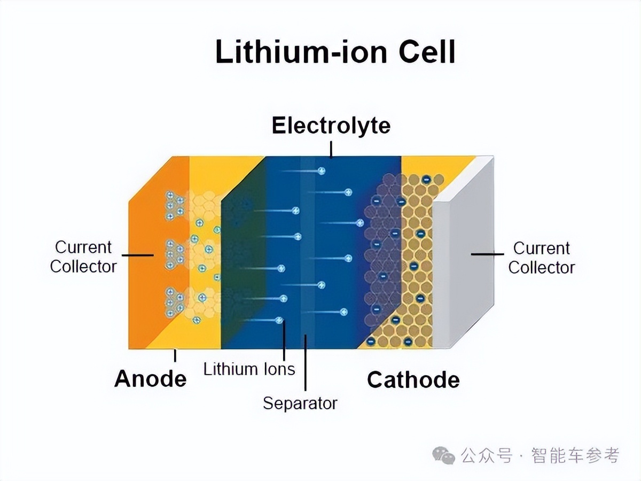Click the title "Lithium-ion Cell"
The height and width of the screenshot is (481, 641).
point(335,52)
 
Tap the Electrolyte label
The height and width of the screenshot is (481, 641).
point(331,126)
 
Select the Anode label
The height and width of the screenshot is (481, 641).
point(151,379)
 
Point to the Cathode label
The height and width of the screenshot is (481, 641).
point(413,379)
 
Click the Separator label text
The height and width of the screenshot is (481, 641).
point(300,404)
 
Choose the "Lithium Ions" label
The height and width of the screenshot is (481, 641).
point(249,369)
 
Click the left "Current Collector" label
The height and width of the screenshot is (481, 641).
point(83,257)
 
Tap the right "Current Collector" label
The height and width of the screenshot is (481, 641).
point(542,258)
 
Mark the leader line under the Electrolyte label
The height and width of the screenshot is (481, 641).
point(331,150)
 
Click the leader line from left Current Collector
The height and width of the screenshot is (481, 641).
point(137,255)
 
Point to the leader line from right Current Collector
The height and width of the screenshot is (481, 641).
point(487,254)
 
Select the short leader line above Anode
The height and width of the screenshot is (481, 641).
point(175,355)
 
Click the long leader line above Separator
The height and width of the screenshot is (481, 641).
point(306,363)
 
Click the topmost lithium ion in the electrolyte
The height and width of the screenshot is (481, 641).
point(322,171)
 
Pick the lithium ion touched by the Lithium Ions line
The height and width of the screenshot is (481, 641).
point(279,320)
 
